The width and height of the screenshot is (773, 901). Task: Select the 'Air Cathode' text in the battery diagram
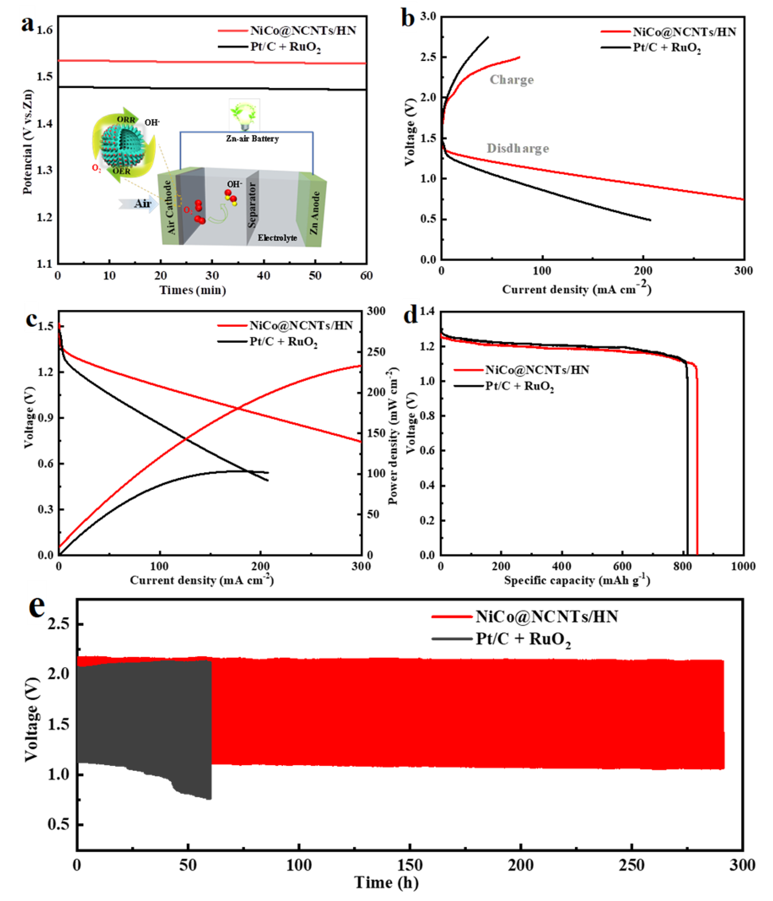(170, 207)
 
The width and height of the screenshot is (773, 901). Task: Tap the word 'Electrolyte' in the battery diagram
(277, 238)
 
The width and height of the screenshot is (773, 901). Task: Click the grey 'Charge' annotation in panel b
(511, 80)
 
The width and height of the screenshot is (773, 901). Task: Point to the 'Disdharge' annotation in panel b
(517, 149)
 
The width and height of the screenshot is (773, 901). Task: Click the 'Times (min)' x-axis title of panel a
(193, 290)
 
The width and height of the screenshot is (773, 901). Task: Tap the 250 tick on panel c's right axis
(377, 352)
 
